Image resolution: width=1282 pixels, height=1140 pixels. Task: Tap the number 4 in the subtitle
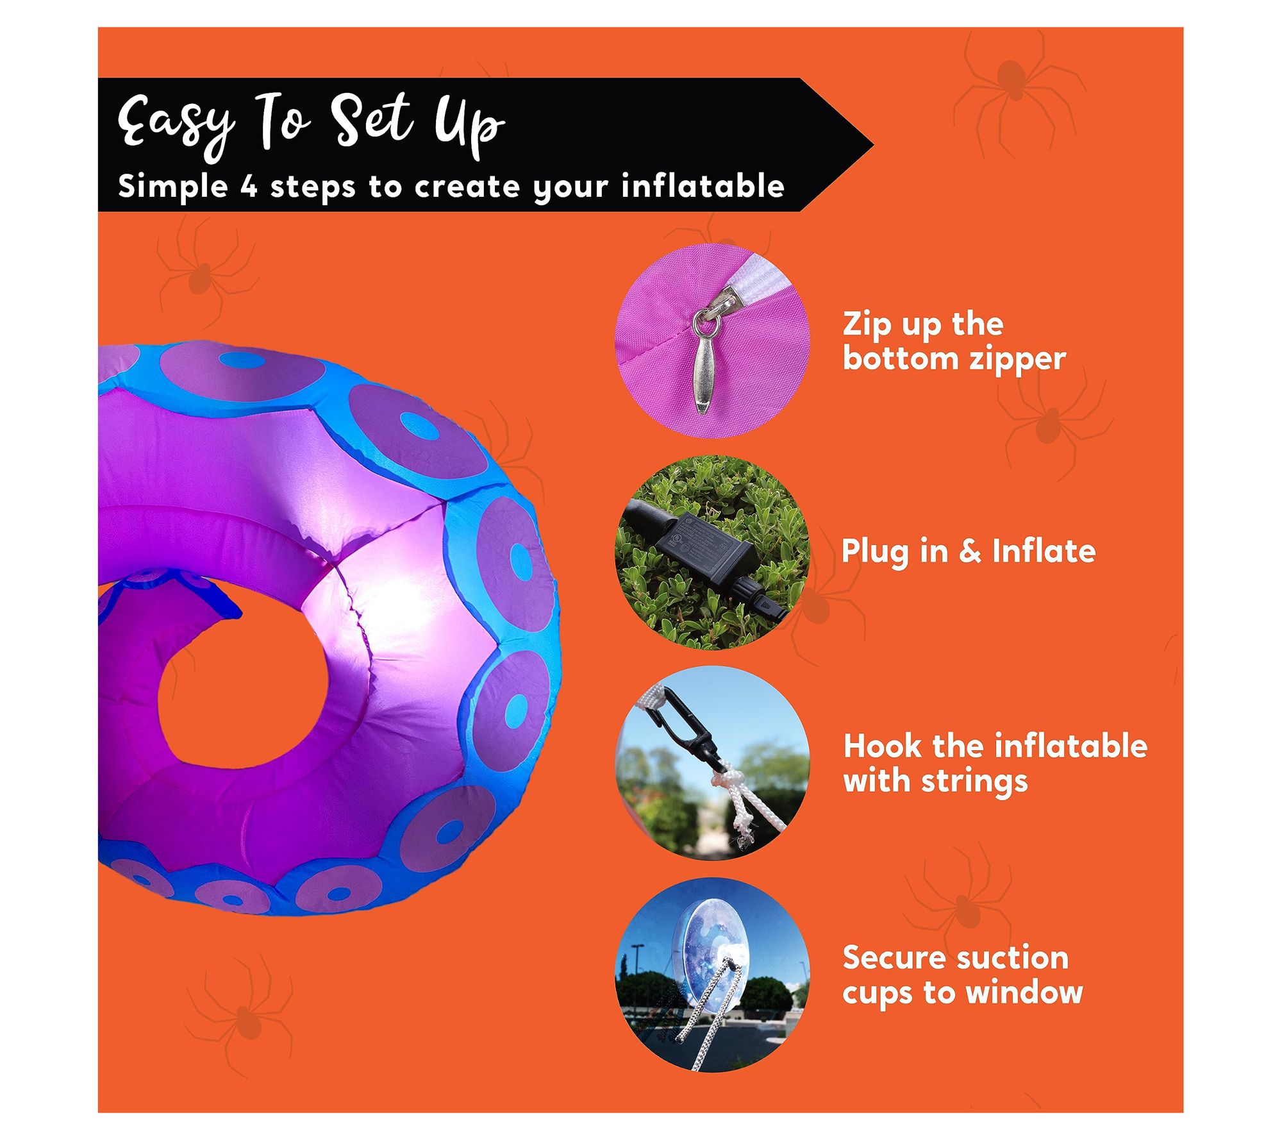point(249,187)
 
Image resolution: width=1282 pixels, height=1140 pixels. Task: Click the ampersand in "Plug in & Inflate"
point(970,551)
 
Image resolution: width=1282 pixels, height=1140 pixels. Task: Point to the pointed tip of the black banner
point(873,145)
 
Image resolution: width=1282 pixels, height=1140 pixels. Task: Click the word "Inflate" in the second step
point(1044,551)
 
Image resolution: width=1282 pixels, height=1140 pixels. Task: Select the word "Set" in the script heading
point(374,119)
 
